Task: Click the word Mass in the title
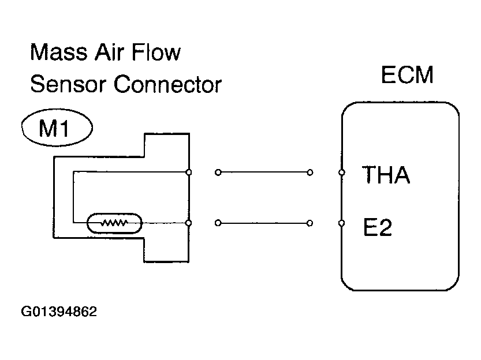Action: (58, 52)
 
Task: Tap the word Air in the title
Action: (109, 52)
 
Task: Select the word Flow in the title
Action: (156, 52)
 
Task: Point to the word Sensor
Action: (68, 84)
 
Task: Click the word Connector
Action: (167, 84)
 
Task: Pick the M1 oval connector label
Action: (57, 127)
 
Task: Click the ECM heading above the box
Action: (407, 75)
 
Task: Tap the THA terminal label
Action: (386, 175)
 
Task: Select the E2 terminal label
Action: (378, 227)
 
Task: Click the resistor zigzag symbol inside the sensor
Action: (114, 223)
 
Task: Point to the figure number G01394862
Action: (59, 312)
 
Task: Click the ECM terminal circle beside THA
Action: (341, 172)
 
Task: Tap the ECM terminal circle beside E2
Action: (341, 223)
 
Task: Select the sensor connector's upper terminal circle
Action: (189, 172)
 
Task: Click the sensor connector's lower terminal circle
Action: (189, 223)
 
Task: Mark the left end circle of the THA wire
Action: (218, 172)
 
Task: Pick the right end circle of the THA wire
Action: (310, 172)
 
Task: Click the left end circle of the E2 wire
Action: (218, 223)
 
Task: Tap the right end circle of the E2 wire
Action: (310, 223)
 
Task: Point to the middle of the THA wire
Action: (264, 172)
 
